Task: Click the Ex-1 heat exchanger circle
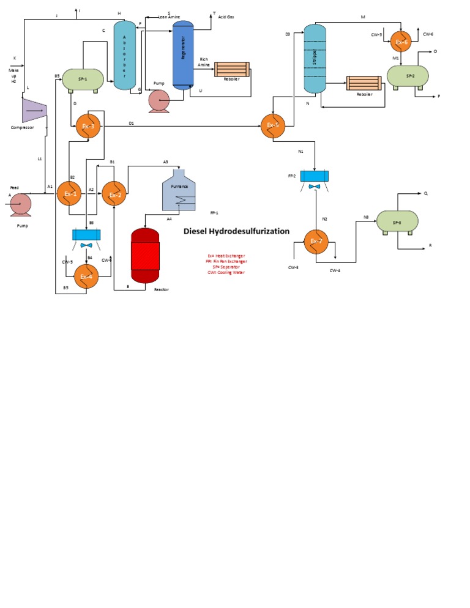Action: pyautogui.click(x=69, y=194)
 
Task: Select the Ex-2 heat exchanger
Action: pyautogui.click(x=114, y=194)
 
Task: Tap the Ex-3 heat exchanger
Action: pyautogui.click(x=88, y=126)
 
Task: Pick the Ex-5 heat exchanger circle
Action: pyautogui.click(x=272, y=125)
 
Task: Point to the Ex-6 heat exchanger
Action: pyautogui.click(x=401, y=42)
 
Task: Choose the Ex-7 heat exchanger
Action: pyautogui.click(x=316, y=241)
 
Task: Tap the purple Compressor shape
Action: pyautogui.click(x=34, y=109)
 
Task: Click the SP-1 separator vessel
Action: pyautogui.click(x=83, y=80)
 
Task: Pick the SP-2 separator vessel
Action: pyautogui.click(x=408, y=76)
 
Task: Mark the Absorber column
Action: pyautogui.click(x=125, y=56)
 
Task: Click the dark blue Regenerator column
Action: pyautogui.click(x=182, y=55)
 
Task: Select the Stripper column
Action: pyautogui.click(x=315, y=59)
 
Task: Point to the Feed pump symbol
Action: pyautogui.click(x=21, y=204)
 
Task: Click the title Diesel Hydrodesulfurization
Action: pyautogui.click(x=237, y=232)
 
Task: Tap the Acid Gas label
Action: pyautogui.click(x=226, y=17)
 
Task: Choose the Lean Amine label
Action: pyautogui.click(x=169, y=17)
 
